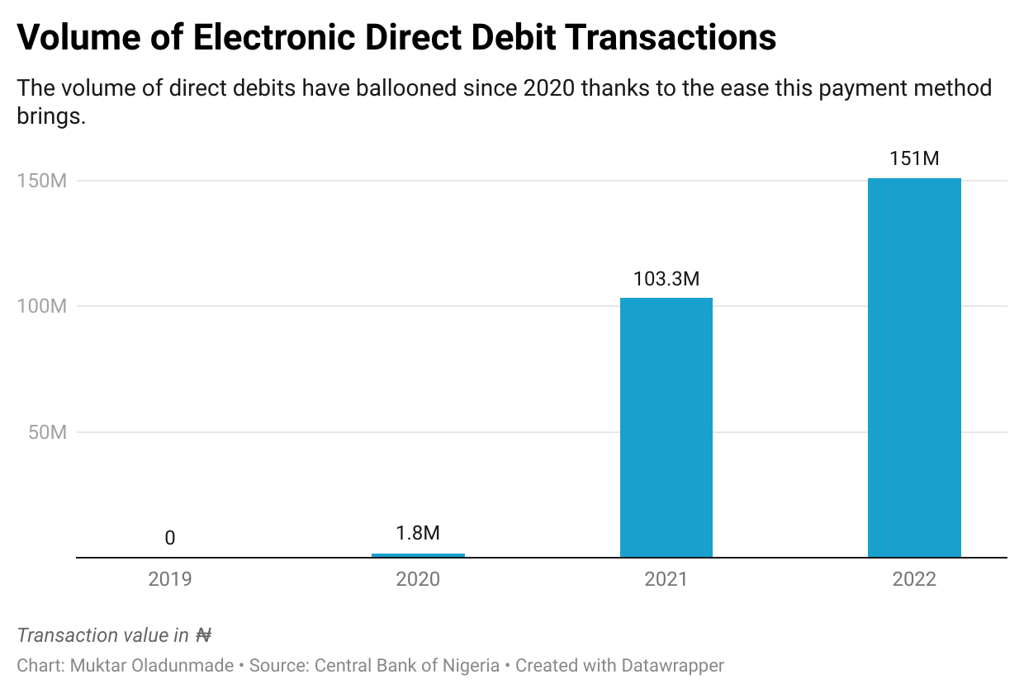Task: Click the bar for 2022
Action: point(914,367)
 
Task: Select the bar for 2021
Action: point(666,427)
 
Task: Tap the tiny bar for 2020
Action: point(418,555)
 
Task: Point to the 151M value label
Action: point(914,158)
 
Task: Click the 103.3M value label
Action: point(666,279)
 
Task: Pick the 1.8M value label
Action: point(418,533)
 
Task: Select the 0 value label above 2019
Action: point(170,539)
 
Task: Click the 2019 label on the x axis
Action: point(170,579)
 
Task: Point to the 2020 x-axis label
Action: point(418,579)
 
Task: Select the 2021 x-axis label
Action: point(666,579)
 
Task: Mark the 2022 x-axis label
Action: point(914,579)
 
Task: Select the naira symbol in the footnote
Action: point(203,635)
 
